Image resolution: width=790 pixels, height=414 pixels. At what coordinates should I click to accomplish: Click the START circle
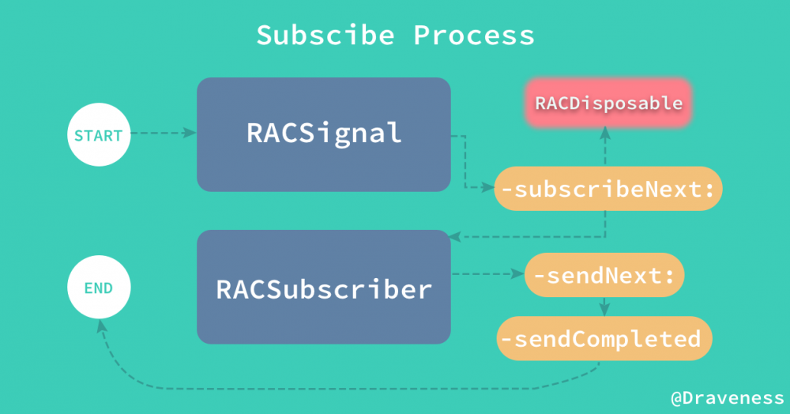99,135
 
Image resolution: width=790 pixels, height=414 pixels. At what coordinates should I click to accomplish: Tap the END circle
99,288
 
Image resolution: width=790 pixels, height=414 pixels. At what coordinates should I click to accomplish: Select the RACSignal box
324,134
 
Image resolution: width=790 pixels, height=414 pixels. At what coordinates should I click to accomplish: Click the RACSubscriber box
324,288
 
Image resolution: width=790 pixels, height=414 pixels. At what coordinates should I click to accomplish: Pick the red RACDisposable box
608,103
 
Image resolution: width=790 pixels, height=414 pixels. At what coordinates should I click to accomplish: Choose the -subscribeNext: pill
608,189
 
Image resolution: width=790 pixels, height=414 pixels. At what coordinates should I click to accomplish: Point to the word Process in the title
474,36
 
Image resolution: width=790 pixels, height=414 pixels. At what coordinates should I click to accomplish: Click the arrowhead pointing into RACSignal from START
190,134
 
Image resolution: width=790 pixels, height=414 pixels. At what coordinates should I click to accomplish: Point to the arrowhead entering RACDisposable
605,134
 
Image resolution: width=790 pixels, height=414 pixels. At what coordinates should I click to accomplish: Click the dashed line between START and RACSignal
158,134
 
